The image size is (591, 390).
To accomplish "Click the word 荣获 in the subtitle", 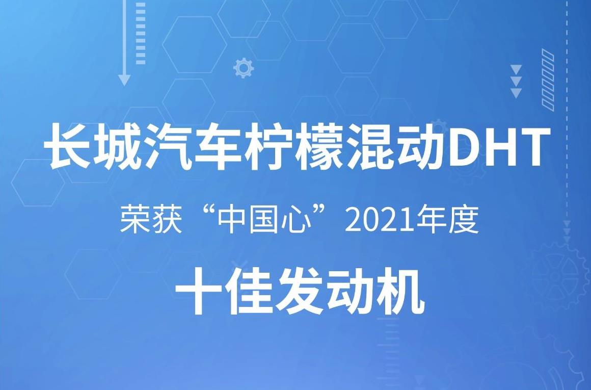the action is click(x=151, y=220).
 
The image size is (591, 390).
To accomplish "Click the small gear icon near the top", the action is click(x=244, y=68).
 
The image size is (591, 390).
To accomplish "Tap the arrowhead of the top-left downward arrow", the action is click(x=124, y=80).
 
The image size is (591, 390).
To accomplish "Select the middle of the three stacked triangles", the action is click(x=516, y=82).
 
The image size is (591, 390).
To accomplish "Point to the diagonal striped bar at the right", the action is click(x=548, y=80).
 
